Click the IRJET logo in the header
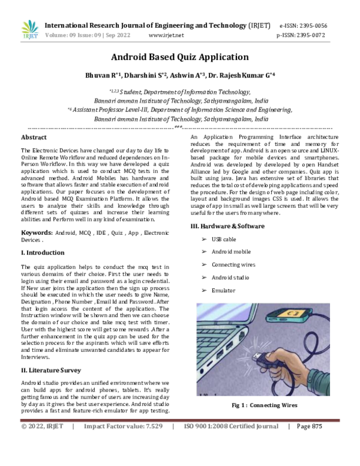click(x=29, y=29)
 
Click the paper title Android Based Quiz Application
click(x=179, y=58)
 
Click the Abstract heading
click(x=34, y=138)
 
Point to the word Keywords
click(x=37, y=231)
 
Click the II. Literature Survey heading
click(x=51, y=370)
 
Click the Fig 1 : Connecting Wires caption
click(x=265, y=405)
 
